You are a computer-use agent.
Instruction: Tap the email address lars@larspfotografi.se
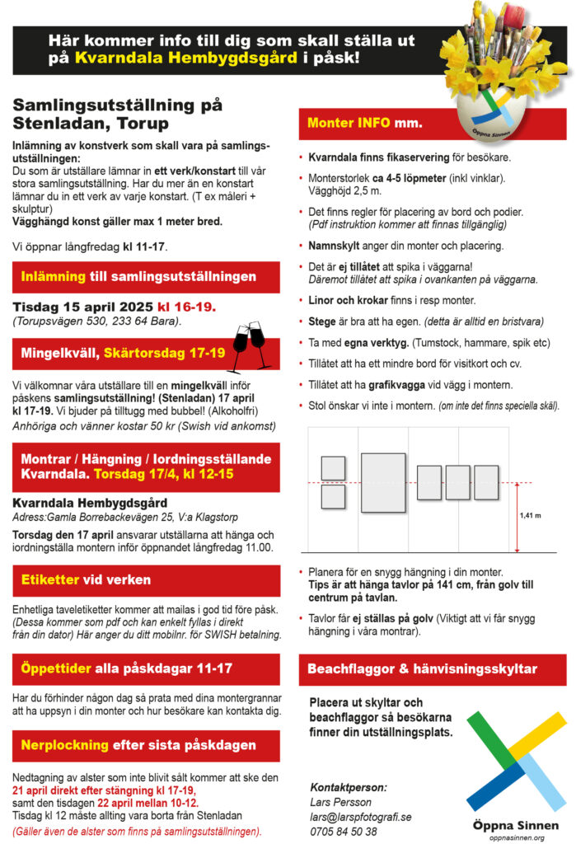[361, 817]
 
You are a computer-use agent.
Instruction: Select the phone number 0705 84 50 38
[344, 831]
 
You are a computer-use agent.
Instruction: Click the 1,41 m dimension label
[530, 516]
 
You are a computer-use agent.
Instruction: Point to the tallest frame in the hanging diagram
[382, 482]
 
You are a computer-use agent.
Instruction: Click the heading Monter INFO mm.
[364, 124]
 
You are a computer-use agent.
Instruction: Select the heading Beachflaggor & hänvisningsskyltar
[422, 668]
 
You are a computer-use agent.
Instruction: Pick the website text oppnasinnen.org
[517, 837]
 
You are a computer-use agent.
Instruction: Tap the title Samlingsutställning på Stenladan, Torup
[118, 115]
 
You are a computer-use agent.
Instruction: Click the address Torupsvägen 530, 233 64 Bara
[96, 321]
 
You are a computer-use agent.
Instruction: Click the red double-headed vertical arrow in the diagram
[516, 517]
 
